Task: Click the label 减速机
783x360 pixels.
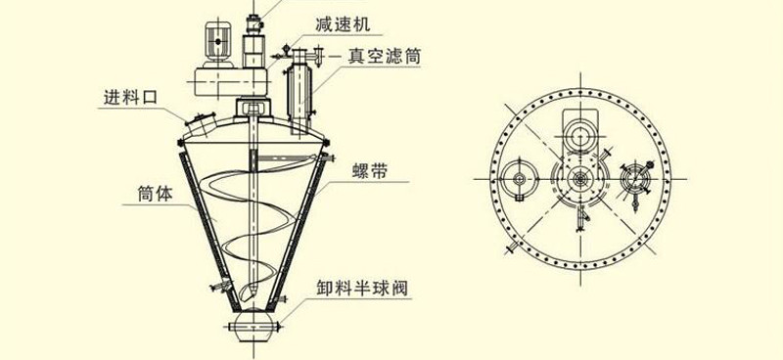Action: [x=344, y=23]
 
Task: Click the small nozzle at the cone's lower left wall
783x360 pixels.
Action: [x=218, y=285]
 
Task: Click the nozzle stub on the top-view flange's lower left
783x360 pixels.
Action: [x=512, y=252]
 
